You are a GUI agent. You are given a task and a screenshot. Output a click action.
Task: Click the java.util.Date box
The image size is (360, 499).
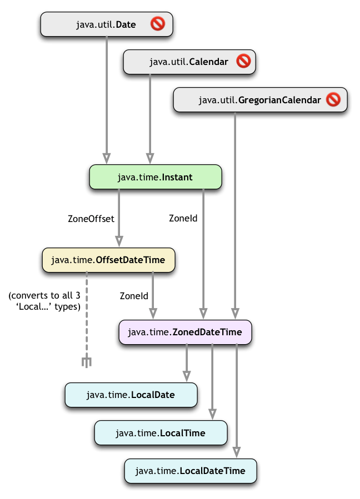click(106, 24)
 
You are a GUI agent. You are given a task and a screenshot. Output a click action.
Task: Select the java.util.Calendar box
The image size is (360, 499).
click(189, 62)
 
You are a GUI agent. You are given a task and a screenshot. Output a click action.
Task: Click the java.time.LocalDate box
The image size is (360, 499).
click(131, 395)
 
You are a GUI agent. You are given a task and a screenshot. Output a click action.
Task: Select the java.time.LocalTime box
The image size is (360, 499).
click(161, 433)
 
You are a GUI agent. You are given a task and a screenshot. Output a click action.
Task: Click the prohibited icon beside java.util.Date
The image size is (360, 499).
click(157, 24)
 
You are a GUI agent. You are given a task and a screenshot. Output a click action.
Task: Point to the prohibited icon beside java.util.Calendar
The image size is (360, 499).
click(243, 62)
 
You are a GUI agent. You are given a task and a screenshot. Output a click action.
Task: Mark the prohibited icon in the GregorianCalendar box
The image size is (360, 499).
click(333, 100)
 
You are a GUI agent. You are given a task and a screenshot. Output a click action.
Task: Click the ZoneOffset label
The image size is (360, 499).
click(91, 219)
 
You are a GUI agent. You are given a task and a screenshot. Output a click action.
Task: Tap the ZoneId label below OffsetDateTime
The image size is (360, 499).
click(133, 296)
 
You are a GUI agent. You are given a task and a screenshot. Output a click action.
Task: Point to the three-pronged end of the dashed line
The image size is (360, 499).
click(87, 362)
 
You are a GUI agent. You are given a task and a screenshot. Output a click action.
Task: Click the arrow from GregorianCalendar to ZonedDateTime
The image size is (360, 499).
click(236, 211)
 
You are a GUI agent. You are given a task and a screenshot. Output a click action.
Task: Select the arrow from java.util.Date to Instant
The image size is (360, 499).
click(106, 94)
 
